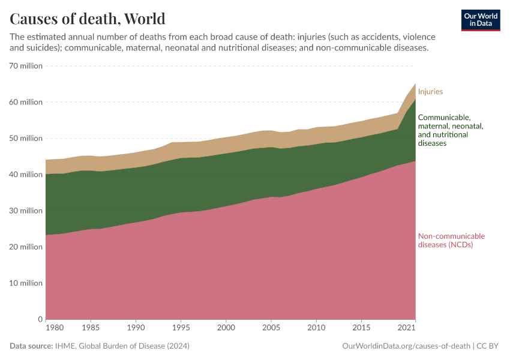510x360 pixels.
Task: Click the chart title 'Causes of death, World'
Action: [88, 19]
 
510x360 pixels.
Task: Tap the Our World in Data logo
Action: [480, 20]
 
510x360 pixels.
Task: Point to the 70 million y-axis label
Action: [26, 66]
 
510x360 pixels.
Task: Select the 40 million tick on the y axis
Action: [26, 175]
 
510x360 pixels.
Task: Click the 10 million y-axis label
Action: [26, 283]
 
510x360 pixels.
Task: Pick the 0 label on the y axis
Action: [40, 319]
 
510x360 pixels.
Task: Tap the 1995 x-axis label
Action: [181, 329]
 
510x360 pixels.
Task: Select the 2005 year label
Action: [271, 329]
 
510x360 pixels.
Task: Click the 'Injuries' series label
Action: [430, 92]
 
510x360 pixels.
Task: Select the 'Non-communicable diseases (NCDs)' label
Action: [451, 240]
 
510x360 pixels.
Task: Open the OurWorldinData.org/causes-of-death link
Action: [406, 346]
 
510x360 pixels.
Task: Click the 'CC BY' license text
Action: [488, 346]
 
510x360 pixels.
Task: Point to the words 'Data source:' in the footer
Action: [31, 346]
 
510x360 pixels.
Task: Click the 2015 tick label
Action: [361, 329]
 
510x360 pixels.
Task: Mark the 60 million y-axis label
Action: [26, 102]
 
